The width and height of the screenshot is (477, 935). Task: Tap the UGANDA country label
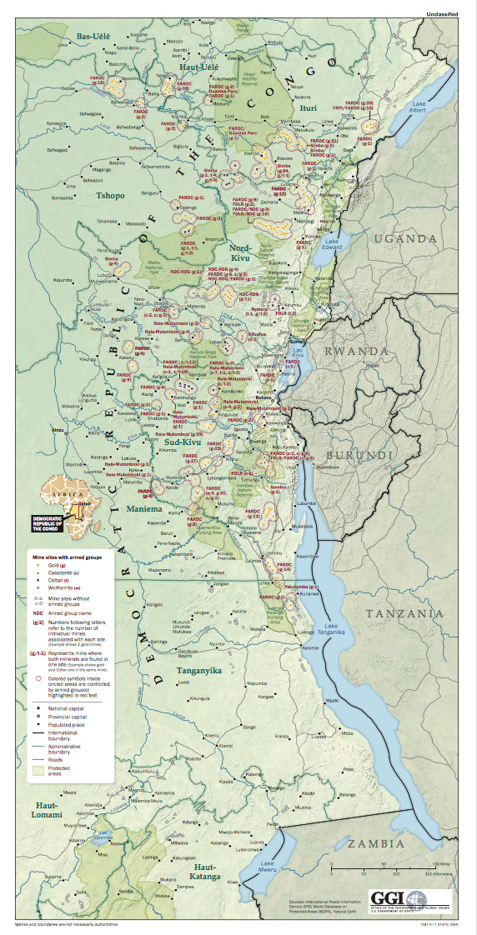(404, 239)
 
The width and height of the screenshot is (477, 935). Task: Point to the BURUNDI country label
(359, 456)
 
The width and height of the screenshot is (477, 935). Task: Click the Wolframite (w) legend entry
(61, 587)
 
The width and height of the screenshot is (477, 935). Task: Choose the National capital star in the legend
(38, 706)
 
